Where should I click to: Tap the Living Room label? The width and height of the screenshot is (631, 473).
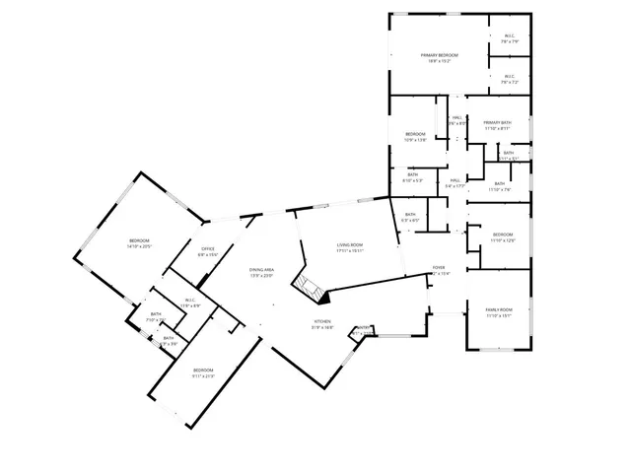click(x=350, y=244)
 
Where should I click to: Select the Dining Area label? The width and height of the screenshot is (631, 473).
click(x=261, y=269)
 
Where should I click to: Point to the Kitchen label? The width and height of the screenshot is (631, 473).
click(x=323, y=321)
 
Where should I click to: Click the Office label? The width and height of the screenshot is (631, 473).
click(x=208, y=248)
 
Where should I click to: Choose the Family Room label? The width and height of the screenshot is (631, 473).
click(x=499, y=309)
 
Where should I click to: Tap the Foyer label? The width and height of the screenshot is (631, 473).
click(x=440, y=268)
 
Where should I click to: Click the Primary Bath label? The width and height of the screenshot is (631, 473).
click(x=497, y=122)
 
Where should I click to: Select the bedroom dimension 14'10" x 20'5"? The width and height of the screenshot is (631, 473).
click(x=138, y=247)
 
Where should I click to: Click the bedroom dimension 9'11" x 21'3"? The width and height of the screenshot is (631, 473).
click(x=203, y=375)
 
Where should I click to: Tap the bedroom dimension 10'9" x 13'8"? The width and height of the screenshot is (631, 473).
click(x=415, y=140)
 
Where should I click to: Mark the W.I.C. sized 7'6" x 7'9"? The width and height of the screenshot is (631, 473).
click(x=509, y=42)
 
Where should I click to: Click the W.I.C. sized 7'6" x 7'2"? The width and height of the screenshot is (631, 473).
click(x=509, y=82)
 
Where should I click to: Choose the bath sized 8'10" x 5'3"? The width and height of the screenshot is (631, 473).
click(x=412, y=180)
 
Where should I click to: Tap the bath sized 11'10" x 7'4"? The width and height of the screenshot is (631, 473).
click(x=499, y=190)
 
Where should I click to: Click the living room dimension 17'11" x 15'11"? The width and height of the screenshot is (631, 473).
click(x=350, y=250)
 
